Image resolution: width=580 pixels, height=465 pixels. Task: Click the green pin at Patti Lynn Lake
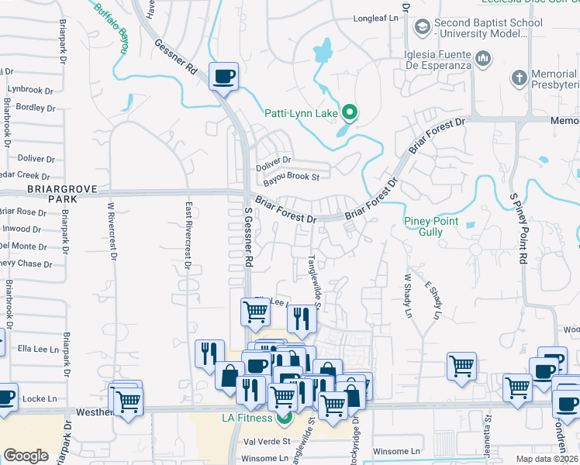[x=350, y=114]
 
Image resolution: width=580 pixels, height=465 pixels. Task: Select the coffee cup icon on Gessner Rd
[x=223, y=77]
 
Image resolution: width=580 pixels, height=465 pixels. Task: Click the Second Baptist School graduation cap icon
[x=422, y=29]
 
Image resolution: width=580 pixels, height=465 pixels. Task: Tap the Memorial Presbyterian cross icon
[x=520, y=77]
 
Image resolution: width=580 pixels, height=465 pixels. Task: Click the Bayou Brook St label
[x=291, y=177]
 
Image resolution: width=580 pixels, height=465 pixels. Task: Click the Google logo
[x=26, y=456]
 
